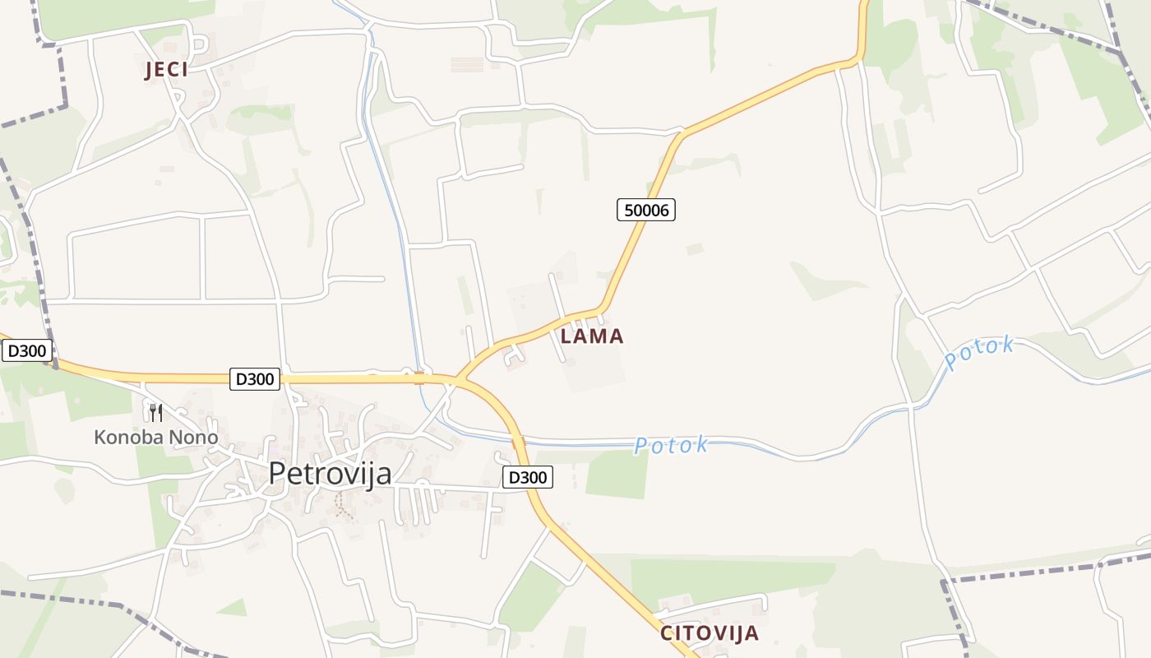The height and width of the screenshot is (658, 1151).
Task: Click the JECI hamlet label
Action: pos(166,70)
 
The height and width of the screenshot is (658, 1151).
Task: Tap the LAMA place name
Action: pos(592,336)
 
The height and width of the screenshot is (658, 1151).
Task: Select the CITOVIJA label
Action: pos(709,634)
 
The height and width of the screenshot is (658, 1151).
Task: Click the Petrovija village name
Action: pos(330,474)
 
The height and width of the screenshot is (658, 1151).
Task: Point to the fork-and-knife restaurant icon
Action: pos(155,412)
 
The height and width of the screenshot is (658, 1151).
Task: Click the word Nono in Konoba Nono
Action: pos(194,438)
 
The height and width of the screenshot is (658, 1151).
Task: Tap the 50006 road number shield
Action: pos(646,210)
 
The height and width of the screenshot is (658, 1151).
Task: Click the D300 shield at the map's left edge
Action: pos(27,351)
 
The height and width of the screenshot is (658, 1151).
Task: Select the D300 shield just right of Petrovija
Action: pos(528,477)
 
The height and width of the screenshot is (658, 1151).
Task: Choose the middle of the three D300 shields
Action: pos(255,379)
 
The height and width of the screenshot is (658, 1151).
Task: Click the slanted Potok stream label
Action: pos(978,353)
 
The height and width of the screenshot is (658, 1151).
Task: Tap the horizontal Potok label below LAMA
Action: pos(671,445)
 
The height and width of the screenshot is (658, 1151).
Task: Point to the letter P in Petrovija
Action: pos(278,474)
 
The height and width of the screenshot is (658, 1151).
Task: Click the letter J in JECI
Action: pos(149,71)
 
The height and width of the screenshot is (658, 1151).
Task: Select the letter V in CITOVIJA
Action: pos(717,634)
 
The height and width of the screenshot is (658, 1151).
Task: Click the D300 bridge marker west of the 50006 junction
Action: pos(419,378)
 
